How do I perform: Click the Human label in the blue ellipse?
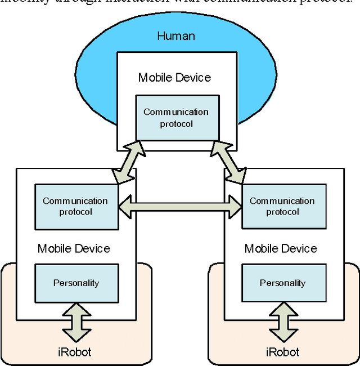coord(175,37)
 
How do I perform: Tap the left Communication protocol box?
coord(76,206)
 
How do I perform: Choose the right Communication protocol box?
coord(283,206)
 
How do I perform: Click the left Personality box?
coord(76,283)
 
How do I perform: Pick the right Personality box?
coord(283,283)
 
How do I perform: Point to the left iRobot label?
coord(75,352)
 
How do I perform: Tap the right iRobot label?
coord(282,352)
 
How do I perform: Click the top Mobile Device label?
coord(175,78)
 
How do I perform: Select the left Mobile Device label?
coord(74,248)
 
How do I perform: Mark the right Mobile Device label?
coord(281,248)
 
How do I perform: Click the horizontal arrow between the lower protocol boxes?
coord(180,206)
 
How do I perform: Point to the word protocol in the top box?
coord(176,123)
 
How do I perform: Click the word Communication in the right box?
coord(282,201)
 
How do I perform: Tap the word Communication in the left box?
coord(75,201)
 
